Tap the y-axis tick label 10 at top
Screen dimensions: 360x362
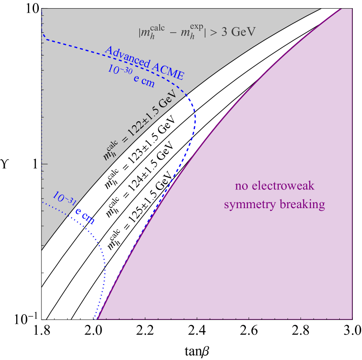point(30,9)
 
